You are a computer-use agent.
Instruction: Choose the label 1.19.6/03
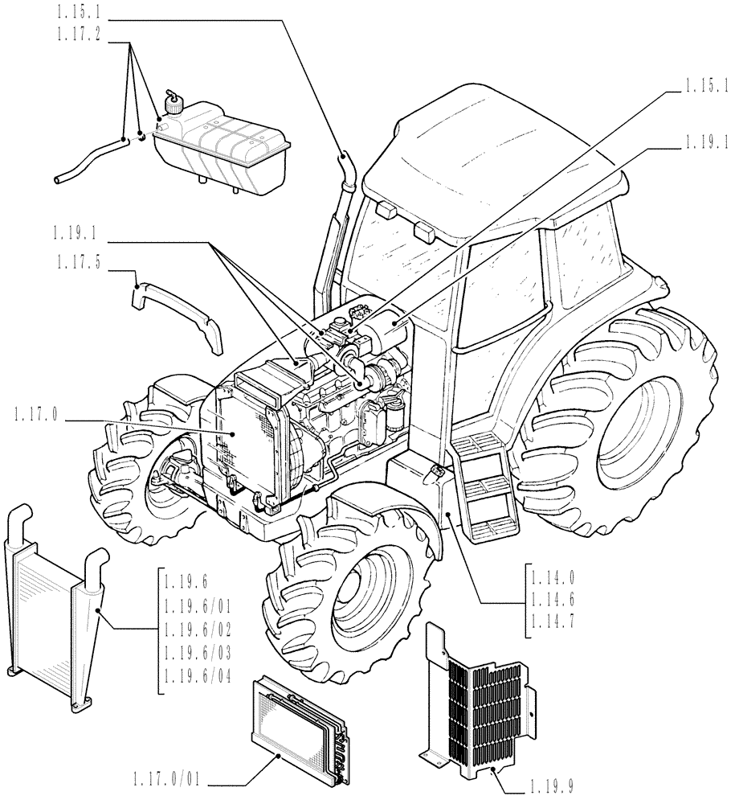pyautogui.click(x=198, y=655)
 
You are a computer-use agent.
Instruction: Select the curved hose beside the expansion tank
pyautogui.click(x=88, y=159)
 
